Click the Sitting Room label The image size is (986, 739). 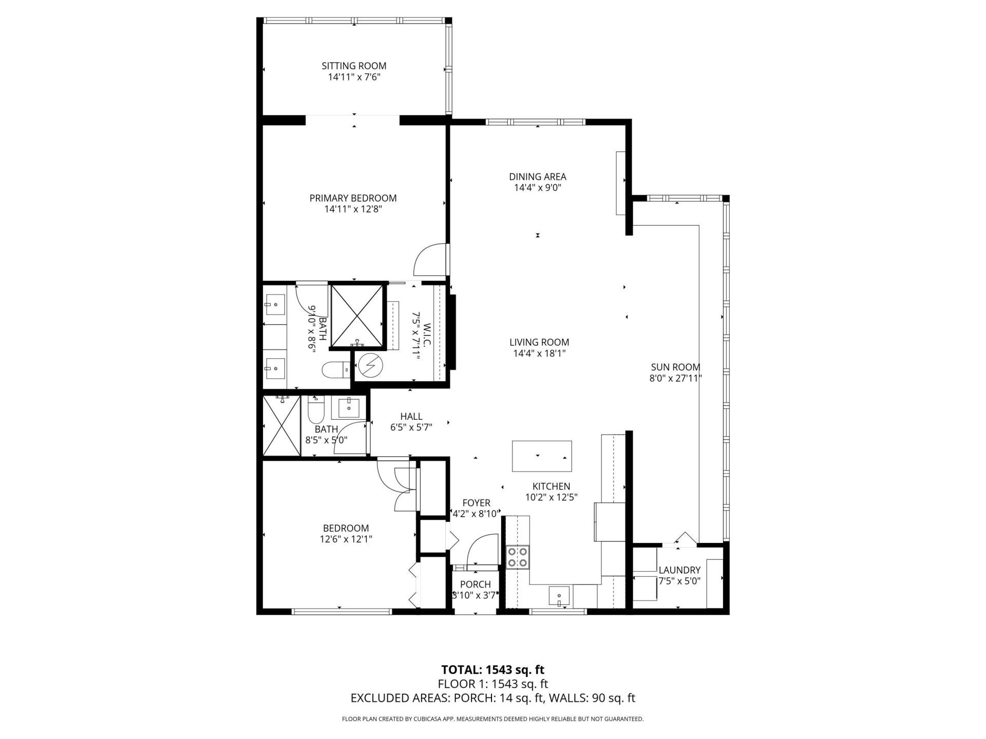tap(354, 66)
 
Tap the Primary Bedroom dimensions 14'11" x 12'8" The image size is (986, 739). tap(353, 209)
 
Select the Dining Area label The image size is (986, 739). tap(538, 177)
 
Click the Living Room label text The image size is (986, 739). tap(539, 342)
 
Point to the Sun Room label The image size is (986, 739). tap(675, 367)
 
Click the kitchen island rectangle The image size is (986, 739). tap(542, 456)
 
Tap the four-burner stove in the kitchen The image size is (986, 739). tap(518, 557)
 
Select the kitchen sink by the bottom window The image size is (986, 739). tap(559, 596)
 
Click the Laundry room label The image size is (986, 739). tap(679, 570)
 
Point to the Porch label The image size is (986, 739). tap(475, 584)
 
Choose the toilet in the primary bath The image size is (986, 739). tap(335, 369)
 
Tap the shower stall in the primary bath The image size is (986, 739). tap(357, 316)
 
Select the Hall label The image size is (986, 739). tap(411, 416)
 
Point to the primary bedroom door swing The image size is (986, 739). tap(430, 259)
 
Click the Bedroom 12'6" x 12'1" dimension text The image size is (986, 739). tap(345, 539)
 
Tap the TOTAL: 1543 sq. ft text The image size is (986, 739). tap(492, 670)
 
